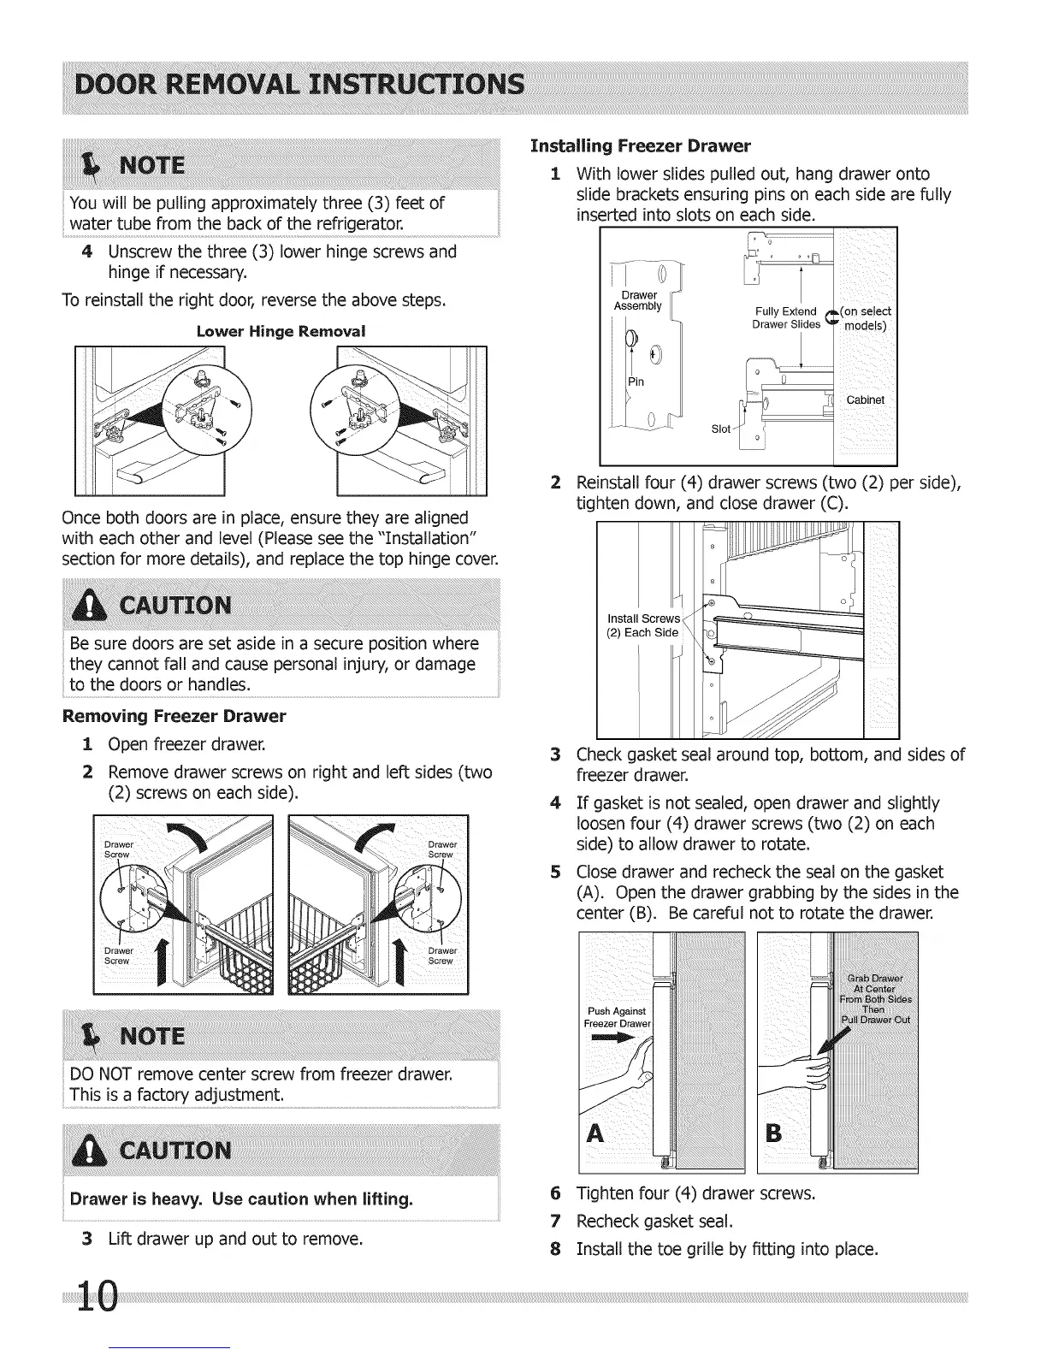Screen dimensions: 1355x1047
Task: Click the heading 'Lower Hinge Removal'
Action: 281,331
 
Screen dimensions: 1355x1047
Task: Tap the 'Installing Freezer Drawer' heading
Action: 641,145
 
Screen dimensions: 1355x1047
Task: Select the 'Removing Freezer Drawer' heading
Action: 174,715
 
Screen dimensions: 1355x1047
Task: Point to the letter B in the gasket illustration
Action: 774,1134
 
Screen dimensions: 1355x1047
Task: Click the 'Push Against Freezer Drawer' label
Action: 618,1018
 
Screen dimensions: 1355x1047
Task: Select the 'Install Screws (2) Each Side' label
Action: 643,625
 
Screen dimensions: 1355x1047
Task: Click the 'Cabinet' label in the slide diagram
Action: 865,400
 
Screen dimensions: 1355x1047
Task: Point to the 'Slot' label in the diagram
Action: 721,429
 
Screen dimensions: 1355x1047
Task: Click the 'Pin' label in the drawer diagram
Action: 636,382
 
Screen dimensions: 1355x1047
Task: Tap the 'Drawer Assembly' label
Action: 637,301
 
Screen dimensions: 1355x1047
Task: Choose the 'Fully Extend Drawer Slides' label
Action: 786,317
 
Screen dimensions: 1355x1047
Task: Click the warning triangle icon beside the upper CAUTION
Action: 90,606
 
